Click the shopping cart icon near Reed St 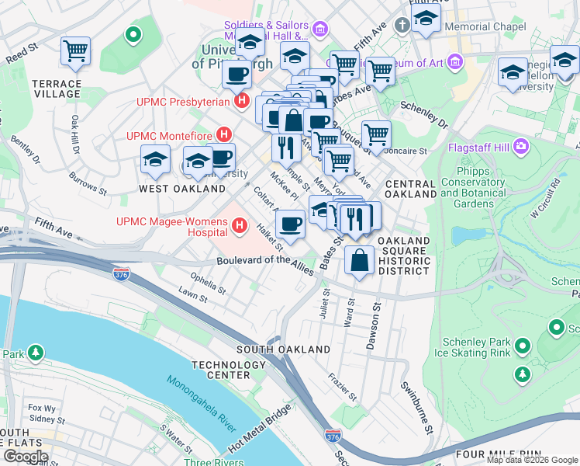coord(76,51)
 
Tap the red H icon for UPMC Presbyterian coord(242,101)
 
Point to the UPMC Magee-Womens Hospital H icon coord(240,228)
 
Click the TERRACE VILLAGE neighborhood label coord(57,89)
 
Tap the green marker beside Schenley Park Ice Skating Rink coord(522,346)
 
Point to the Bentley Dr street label coord(25,150)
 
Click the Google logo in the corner coord(26,457)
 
